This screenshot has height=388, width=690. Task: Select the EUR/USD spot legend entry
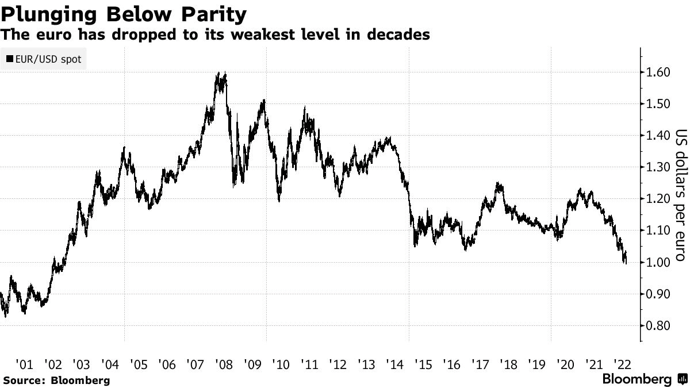[44, 59]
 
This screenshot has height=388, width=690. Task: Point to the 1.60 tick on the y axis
[657, 72]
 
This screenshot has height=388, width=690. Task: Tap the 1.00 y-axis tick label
[657, 263]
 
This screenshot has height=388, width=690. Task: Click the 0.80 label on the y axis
[657, 326]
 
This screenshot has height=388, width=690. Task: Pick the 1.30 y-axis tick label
[657, 167]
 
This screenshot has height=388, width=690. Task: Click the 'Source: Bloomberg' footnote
[56, 380]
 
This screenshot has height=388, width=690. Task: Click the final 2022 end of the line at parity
[626, 262]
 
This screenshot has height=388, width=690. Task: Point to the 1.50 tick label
[657, 104]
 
